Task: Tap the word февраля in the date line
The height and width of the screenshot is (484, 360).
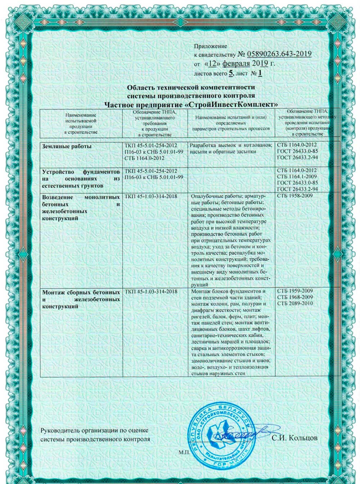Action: click(236, 64)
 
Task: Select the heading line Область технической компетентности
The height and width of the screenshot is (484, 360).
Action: click(191, 87)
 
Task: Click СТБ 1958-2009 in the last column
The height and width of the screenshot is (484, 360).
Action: click(295, 196)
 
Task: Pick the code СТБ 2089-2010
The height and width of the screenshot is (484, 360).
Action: click(295, 303)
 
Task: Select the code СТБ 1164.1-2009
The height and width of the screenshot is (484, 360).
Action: click(297, 177)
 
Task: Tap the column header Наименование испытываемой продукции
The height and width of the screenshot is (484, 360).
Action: click(81, 123)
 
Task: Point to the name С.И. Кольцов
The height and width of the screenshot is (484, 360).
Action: click(295, 438)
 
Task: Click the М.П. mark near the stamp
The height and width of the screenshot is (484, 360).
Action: click(183, 452)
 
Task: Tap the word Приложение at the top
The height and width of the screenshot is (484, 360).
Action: click(211, 46)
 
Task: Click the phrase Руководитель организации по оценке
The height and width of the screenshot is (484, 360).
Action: click(94, 430)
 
